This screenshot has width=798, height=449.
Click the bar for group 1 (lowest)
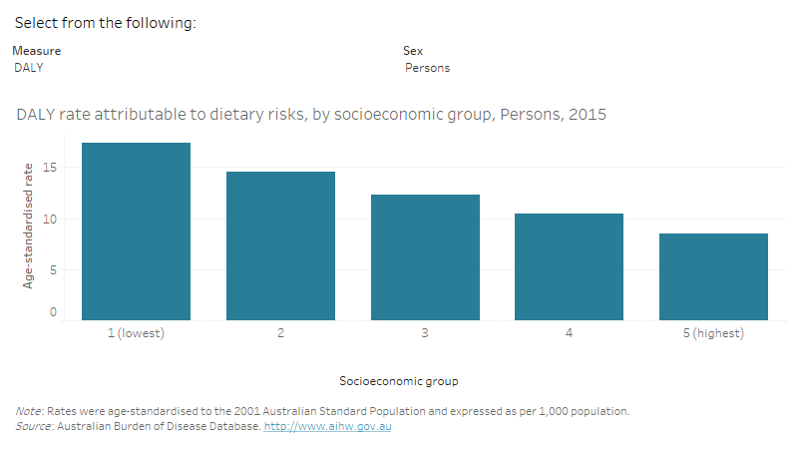tap(136, 231)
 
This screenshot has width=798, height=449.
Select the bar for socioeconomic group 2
tap(280, 245)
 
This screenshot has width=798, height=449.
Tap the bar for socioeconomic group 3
tap(425, 257)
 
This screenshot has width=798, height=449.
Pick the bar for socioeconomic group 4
tap(569, 266)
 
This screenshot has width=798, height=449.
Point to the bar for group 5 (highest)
tap(713, 276)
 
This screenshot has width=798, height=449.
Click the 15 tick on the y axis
tap(49, 168)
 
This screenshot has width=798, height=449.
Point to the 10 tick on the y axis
tap(49, 219)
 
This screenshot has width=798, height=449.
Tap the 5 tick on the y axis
tap(52, 269)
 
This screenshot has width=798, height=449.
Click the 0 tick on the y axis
tap(52, 312)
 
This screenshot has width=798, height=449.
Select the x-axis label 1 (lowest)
tap(136, 333)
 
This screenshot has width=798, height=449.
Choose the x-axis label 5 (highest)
tap(713, 333)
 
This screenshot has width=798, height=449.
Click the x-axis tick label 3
tap(425, 333)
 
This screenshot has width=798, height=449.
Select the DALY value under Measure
tap(29, 68)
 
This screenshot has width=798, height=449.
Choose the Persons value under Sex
tap(427, 68)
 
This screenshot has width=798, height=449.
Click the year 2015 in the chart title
tap(588, 115)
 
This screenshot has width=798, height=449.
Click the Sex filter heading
tap(412, 50)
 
